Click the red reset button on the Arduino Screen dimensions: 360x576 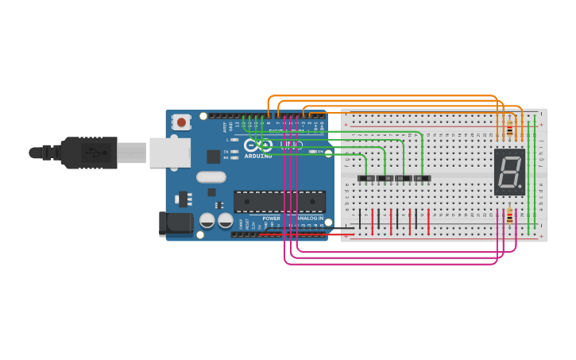(182, 122)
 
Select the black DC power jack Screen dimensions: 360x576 (176, 223)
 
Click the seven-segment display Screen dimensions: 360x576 (509, 172)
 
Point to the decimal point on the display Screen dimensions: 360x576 (520, 188)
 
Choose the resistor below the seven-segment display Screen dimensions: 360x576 (509, 215)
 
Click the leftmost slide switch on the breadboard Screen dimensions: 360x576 (366, 178)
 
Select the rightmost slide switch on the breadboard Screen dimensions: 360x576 (422, 178)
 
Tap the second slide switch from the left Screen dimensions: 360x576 (385, 178)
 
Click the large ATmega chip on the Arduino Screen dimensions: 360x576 (279, 201)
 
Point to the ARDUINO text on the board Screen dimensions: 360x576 (258, 156)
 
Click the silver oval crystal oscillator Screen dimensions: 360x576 (211, 177)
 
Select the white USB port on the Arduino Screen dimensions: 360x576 (170, 153)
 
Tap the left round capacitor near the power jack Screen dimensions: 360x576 (207, 221)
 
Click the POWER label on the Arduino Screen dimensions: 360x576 (271, 218)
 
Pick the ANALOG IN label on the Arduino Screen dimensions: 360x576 (308, 218)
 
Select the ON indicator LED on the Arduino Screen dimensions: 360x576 (313, 151)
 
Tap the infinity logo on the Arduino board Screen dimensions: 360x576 (258, 145)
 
